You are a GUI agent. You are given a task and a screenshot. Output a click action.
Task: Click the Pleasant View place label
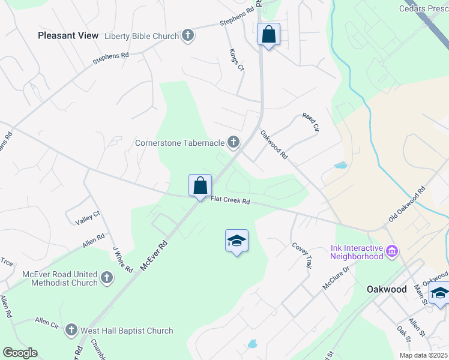click(x=68, y=35)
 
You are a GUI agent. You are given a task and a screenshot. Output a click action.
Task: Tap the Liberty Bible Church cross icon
click(x=188, y=36)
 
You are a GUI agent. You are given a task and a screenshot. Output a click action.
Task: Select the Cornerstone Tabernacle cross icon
click(x=233, y=143)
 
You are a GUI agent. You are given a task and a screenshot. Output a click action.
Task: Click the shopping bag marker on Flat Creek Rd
click(x=200, y=185)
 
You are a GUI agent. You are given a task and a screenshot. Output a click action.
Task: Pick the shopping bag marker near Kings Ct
click(x=268, y=35)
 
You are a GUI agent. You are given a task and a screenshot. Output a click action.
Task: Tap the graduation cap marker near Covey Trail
click(x=237, y=241)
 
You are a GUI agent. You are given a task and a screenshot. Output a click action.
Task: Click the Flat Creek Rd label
click(x=230, y=202)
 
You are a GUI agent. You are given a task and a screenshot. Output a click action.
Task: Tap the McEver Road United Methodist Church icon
click(x=106, y=277)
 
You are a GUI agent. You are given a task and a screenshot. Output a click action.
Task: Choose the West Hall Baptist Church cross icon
click(x=71, y=330)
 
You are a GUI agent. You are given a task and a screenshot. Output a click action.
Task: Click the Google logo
click(x=20, y=353)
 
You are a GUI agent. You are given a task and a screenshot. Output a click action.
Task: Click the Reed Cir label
click(x=311, y=124)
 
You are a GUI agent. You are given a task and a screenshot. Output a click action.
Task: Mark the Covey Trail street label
click(x=303, y=255)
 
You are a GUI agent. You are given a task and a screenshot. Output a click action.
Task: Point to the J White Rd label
click(x=122, y=259)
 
